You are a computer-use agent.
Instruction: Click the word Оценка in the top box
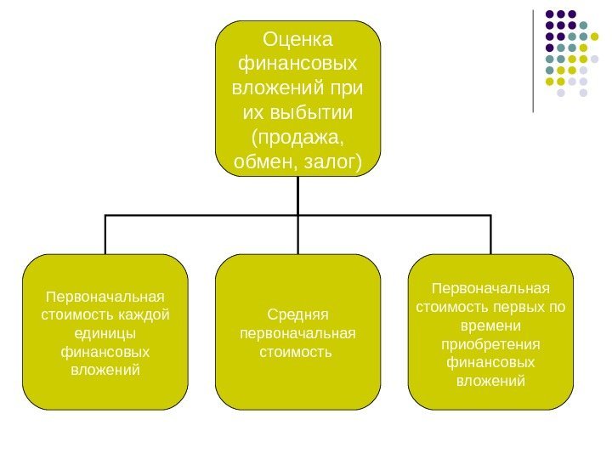pyautogui.click(x=298, y=39)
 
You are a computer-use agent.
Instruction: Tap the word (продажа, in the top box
pyautogui.click(x=298, y=137)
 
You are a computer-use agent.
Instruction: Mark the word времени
pyautogui.click(x=491, y=325)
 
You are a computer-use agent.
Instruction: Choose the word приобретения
pyautogui.click(x=491, y=343)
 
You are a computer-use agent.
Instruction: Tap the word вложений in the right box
pyautogui.click(x=491, y=381)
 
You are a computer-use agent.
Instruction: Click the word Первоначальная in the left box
pyautogui.click(x=105, y=297)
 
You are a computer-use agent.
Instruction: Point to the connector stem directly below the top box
pyautogui.click(x=298, y=195)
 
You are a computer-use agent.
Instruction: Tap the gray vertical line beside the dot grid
pyautogui.click(x=533, y=59)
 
